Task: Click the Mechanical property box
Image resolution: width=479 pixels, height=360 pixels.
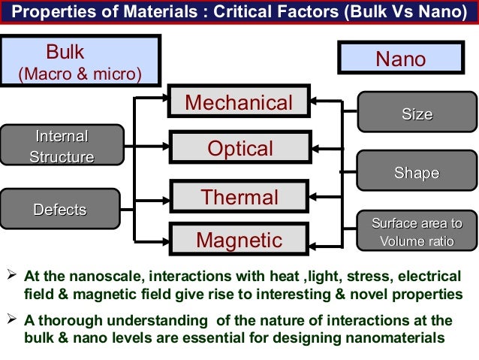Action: [239, 103]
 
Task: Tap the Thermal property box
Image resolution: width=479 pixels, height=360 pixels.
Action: [239, 198]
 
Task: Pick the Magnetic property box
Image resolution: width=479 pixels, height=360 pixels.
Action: [239, 241]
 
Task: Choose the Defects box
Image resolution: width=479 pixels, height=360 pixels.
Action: [60, 210]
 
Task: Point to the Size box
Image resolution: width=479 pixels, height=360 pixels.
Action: [417, 114]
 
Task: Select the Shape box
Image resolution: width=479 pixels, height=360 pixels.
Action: [417, 174]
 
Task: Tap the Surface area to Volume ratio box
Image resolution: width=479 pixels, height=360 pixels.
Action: [417, 231]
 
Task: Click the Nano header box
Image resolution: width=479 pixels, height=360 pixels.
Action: [400, 59]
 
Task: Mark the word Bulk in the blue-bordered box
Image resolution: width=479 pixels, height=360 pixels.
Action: [65, 53]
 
